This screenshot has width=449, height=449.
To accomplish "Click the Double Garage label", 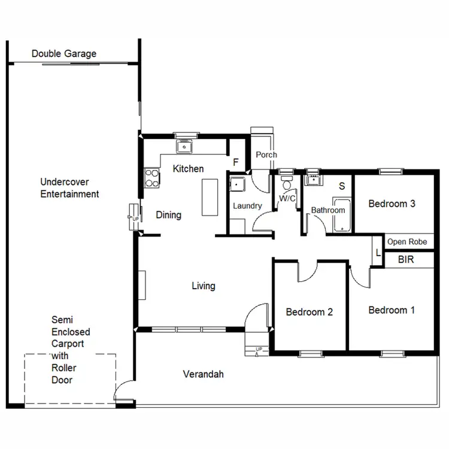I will (x=63, y=54).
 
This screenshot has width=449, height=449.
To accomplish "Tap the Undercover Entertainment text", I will (x=69, y=188).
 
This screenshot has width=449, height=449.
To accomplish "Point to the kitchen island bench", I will (x=209, y=198).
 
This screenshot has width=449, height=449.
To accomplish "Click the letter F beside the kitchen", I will (x=236, y=163).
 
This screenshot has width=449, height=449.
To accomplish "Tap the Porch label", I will (x=266, y=154).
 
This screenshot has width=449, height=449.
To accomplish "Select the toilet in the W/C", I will (x=286, y=182).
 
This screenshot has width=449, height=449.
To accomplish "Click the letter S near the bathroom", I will (x=342, y=186).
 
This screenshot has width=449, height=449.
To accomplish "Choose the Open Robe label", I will (x=407, y=242).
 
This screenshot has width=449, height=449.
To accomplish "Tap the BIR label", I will (x=406, y=260).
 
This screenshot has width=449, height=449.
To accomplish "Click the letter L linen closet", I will (x=377, y=253).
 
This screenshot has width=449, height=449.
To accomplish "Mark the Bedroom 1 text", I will (x=392, y=310).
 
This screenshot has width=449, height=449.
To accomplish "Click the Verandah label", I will (x=203, y=374).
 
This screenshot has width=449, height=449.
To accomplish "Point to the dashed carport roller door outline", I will (x=69, y=354).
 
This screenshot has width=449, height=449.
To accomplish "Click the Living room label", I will (x=203, y=286).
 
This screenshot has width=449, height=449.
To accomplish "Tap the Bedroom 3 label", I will (x=392, y=204).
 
